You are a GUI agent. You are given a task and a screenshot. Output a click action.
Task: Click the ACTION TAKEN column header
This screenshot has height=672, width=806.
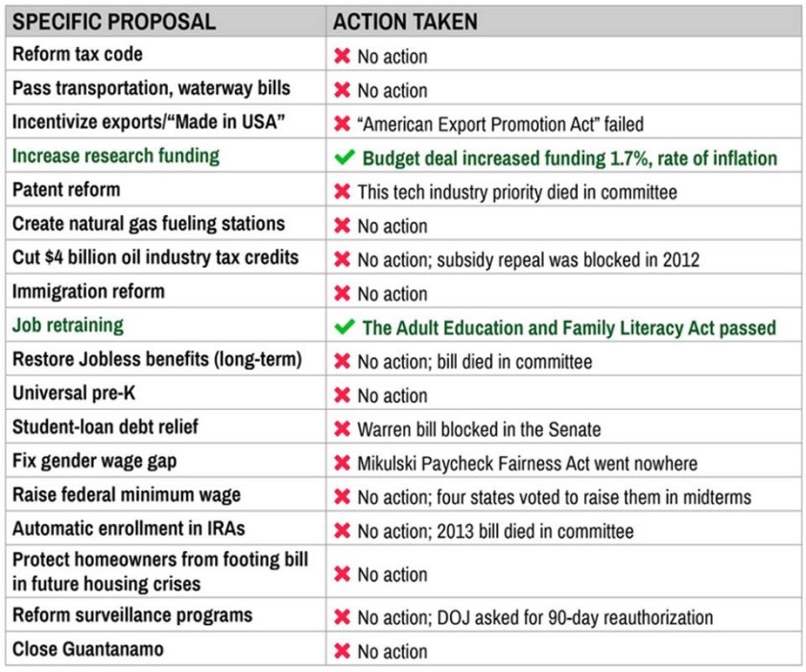pos(405,21)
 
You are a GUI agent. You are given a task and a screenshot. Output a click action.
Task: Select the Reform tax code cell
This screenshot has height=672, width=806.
pos(78,55)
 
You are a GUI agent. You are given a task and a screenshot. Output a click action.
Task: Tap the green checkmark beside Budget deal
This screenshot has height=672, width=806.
pos(344,157)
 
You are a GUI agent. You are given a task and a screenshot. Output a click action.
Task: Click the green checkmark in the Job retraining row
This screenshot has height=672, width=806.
pos(344,327)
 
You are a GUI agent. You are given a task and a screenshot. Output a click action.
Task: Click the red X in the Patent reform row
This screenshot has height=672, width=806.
pos(342,192)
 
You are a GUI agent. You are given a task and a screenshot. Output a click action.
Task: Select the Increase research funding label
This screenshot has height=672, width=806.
pos(115,156)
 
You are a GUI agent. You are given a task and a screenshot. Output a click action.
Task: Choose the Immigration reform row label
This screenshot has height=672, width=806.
pos(88,292)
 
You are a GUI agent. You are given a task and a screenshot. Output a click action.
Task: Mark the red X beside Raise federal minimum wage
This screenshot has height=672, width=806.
pos(342,497)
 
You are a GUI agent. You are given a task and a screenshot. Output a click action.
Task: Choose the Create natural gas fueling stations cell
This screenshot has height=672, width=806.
pos(149,224)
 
